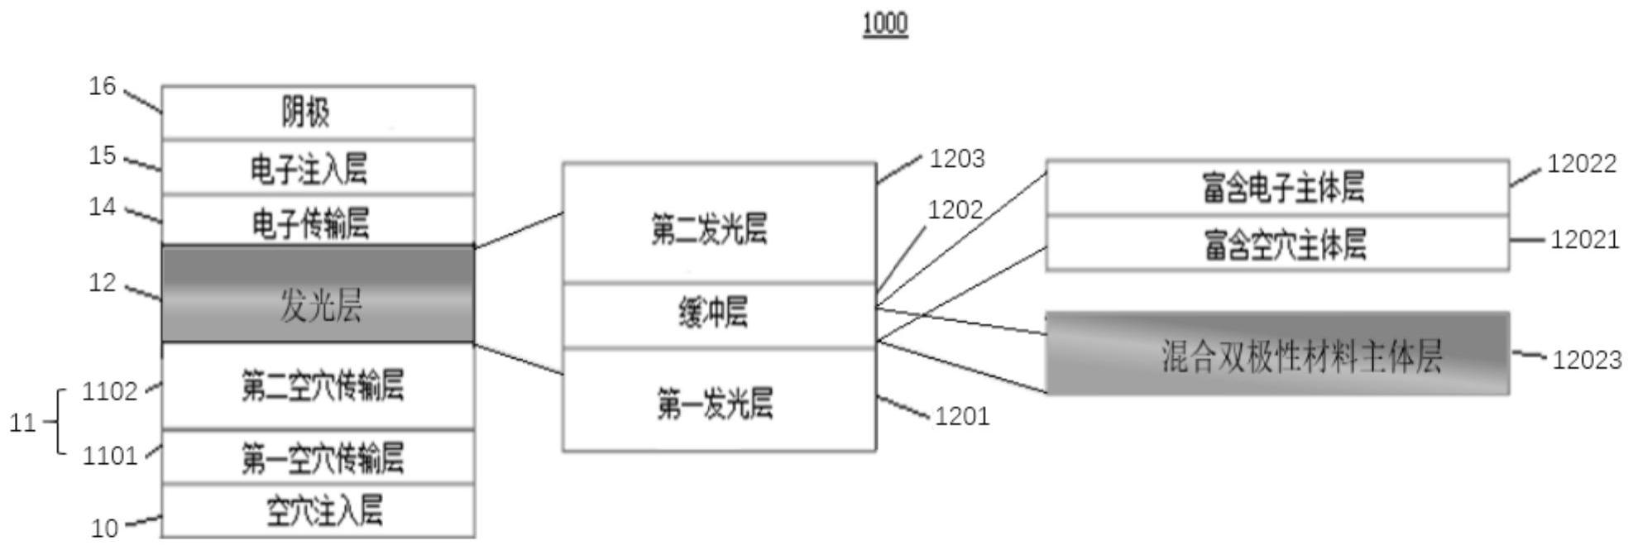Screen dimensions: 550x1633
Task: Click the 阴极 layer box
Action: point(318,112)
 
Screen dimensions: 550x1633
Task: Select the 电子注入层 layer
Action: point(318,168)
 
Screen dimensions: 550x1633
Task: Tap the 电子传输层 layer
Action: point(318,222)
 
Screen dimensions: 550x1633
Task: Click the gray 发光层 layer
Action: point(318,294)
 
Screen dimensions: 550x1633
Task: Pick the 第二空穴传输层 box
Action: point(318,386)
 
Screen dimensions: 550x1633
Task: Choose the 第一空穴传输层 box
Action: point(318,457)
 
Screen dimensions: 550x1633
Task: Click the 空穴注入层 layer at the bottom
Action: point(318,511)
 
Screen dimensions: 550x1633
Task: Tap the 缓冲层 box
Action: point(718,315)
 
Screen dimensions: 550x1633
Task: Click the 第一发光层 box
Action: point(718,402)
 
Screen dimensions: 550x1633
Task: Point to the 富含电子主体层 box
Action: point(1277,188)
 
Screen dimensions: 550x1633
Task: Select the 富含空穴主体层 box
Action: point(1277,244)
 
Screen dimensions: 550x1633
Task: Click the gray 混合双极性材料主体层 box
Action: point(1277,354)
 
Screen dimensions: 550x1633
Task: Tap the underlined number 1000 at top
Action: point(885,24)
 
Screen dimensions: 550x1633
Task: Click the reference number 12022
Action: point(1582,165)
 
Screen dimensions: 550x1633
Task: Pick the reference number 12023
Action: point(1587,361)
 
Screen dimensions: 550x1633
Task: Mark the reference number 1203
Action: point(957,159)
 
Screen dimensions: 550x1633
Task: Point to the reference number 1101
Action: point(110,456)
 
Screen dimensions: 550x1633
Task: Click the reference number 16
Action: point(103,86)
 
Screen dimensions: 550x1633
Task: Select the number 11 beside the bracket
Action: point(22,423)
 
